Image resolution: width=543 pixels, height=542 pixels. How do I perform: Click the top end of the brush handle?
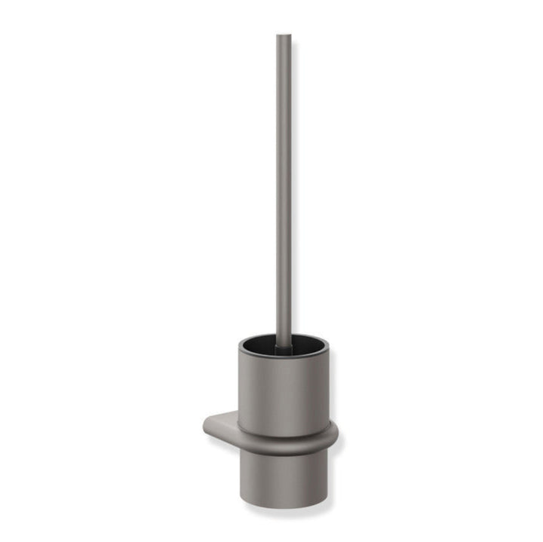[x=284, y=37]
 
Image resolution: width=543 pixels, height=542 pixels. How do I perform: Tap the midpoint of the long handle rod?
[x=284, y=188]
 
